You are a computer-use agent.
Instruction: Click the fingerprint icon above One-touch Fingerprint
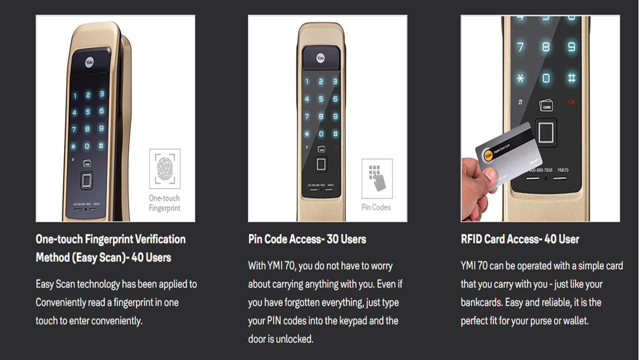coord(165,168)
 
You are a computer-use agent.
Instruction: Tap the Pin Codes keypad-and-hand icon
coord(377,178)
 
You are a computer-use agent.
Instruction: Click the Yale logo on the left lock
coord(89,63)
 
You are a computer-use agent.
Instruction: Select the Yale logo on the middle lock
coord(320,58)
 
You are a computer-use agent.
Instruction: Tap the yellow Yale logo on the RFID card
coord(488,155)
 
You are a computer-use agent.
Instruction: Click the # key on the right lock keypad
coord(571,77)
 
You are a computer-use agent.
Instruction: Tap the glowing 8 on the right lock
coord(546,47)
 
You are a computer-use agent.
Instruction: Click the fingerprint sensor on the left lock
coord(86,180)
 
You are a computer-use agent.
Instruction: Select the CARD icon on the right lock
coord(546,105)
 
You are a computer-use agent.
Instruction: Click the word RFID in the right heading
coord(471,239)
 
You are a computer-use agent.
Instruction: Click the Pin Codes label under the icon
coord(376,207)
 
